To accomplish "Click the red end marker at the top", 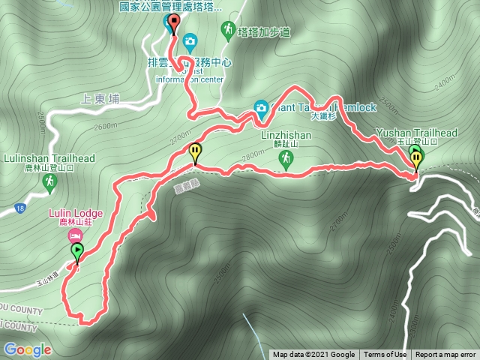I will click(x=174, y=23).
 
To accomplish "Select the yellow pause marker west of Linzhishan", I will click(x=196, y=152).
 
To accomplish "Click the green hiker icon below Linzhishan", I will click(x=285, y=158).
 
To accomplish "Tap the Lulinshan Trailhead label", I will click(x=49, y=159).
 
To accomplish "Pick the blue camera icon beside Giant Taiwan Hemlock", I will click(x=261, y=107).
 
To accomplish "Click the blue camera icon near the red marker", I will click(x=190, y=39).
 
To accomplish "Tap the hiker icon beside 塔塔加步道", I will click(x=226, y=29).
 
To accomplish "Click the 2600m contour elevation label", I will click(x=107, y=126).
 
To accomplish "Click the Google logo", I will click(x=27, y=349).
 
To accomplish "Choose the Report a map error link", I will click(x=445, y=355).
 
